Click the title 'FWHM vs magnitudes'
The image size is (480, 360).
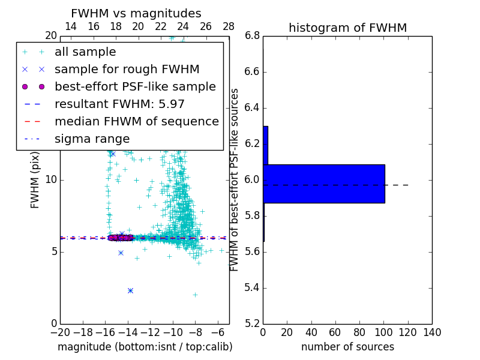coord(136,13)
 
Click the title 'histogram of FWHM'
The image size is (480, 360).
coord(347,28)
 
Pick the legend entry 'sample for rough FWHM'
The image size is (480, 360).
coord(127,69)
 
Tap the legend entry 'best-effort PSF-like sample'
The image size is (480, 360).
coord(135,86)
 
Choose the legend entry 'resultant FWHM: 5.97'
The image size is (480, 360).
coord(119,104)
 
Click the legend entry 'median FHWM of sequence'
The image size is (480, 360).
coord(136,121)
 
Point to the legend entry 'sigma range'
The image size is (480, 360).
coord(92,139)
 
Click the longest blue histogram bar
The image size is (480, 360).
coord(323,184)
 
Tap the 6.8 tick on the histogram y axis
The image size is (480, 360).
coord(252,36)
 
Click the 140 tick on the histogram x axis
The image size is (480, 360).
coord(432,332)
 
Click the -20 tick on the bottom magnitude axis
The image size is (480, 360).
coord(60,332)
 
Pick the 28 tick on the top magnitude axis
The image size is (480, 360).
coord(229,26)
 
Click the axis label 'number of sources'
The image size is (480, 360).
coord(347,347)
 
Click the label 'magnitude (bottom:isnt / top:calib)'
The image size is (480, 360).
coord(145,347)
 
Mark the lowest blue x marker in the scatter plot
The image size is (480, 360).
coord(130,290)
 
